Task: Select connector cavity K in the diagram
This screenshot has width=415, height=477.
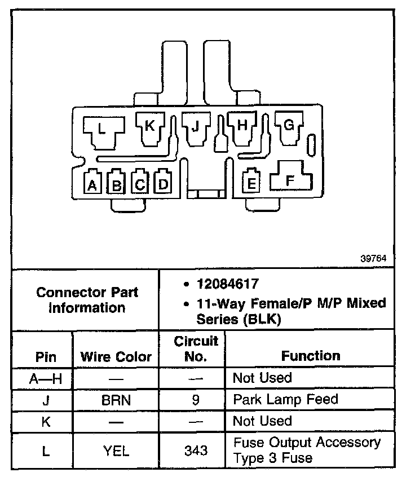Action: [x=150, y=126]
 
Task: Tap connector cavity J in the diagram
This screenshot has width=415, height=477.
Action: [x=196, y=126]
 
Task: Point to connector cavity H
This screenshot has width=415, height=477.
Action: [x=242, y=126]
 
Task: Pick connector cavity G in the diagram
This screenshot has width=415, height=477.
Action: [x=288, y=126]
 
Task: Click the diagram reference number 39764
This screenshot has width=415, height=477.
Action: [x=374, y=258]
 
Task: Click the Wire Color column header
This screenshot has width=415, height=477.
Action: [x=116, y=356]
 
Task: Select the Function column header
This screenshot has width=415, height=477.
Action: [x=311, y=356]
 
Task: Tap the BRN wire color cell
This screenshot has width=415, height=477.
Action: [x=116, y=400]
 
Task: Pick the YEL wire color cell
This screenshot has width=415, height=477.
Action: [x=116, y=450]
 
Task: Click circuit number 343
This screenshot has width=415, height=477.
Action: [x=196, y=450]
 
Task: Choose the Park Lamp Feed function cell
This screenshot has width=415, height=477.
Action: [x=285, y=400]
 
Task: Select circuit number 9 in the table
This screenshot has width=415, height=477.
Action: [x=196, y=400]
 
